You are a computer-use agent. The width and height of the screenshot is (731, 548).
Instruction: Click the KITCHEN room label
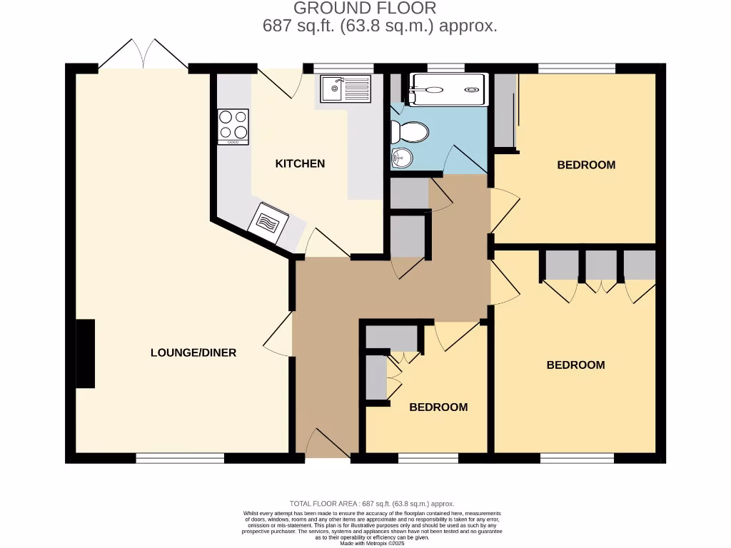pos(300,163)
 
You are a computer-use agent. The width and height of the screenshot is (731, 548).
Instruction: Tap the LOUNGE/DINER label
pos(193,352)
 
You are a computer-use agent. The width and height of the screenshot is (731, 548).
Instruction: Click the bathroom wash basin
pos(401,157)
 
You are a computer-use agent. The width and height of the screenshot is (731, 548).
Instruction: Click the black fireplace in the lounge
pos(85,353)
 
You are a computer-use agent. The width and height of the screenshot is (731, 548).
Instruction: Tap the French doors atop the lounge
pos(143,54)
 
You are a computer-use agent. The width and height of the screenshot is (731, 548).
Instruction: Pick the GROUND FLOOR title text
pos(365,9)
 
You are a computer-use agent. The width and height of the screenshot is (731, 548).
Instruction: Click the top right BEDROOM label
pos(586,165)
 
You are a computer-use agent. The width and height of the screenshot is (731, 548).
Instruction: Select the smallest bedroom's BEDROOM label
pos(438,407)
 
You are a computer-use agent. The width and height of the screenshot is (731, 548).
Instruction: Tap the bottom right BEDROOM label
pos(575,365)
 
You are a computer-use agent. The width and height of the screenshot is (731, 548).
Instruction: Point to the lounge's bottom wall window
pos(180,458)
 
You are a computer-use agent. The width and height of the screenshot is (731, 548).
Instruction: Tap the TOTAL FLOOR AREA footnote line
pos(371,504)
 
